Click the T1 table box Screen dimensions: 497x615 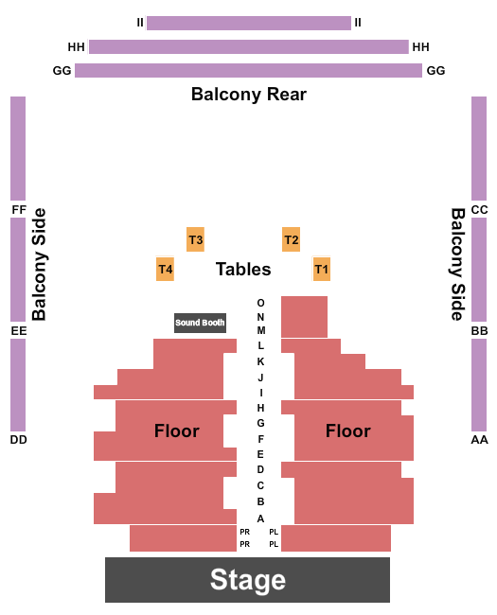[x=322, y=269]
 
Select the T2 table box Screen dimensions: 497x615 [x=291, y=239]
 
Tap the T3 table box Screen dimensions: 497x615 [x=196, y=239]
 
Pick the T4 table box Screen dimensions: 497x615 [x=166, y=269]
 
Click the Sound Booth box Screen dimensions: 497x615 [x=200, y=323]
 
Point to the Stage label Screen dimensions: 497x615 [x=248, y=579]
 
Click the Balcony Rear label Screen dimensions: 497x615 [x=249, y=94]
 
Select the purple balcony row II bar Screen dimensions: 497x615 [x=249, y=23]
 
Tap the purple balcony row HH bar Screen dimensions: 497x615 [x=249, y=46]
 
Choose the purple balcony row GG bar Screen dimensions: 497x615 [x=248, y=71]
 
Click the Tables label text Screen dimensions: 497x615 [x=243, y=270]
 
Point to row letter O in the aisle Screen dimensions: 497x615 [x=260, y=303]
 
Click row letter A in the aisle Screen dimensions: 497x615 [x=260, y=518]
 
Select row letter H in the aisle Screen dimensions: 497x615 [x=260, y=408]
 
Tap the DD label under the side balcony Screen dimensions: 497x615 [x=18, y=440]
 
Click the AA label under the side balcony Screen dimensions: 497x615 [x=479, y=440]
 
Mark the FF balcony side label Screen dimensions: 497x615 [x=19, y=210]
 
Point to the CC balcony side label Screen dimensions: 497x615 [x=479, y=210]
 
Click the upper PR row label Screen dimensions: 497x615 [x=244, y=532]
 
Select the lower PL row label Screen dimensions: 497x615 [x=274, y=544]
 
